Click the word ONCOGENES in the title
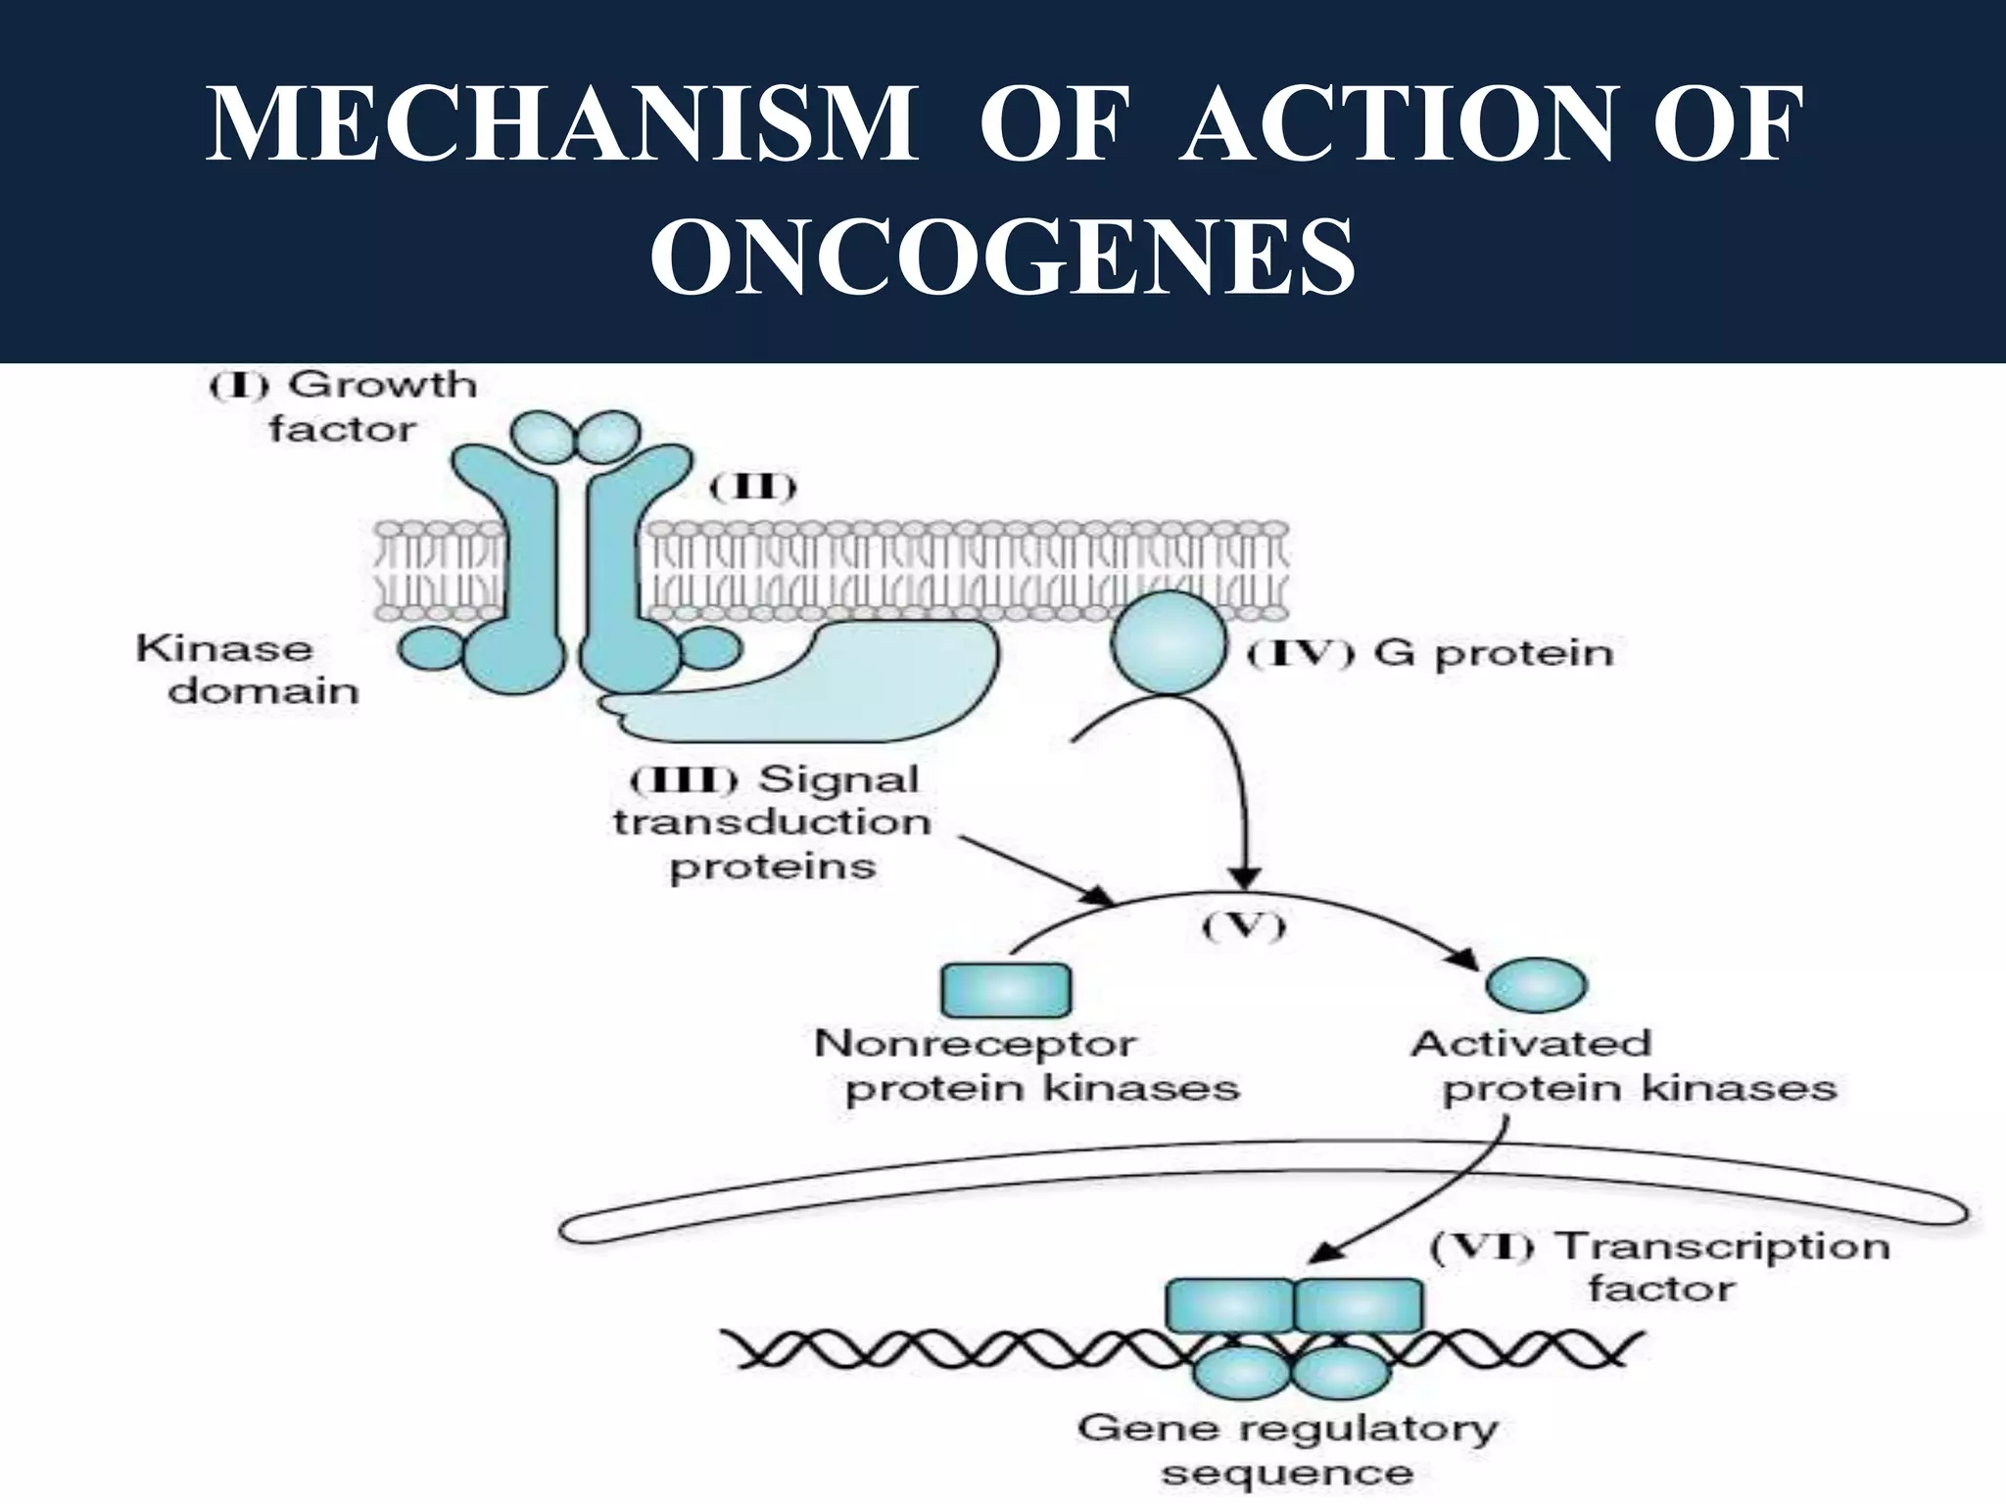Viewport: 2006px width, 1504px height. [x=1003, y=258]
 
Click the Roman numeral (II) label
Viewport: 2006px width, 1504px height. [x=752, y=487]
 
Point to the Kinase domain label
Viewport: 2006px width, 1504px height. [x=248, y=670]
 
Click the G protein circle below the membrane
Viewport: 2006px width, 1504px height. [x=1169, y=643]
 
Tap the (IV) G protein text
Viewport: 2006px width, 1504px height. [x=1431, y=654]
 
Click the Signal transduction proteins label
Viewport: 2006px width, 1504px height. [x=773, y=823]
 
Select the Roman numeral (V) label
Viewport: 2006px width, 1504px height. [x=1243, y=925]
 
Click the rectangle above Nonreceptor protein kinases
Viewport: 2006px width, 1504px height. [x=1006, y=991]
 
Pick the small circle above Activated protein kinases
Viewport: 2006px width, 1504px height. [x=1536, y=985]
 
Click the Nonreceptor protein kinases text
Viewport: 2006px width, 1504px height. [x=1026, y=1066]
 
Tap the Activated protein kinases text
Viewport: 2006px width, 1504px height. [x=1623, y=1066]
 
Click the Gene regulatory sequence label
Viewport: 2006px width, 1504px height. [x=1287, y=1449]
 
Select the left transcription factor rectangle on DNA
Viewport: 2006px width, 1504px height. [x=1230, y=1306]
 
